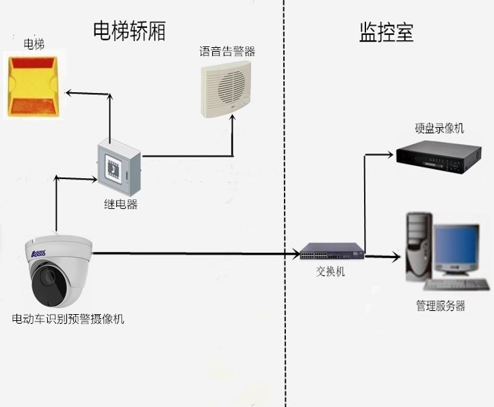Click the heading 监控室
point(386,33)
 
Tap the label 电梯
point(34,44)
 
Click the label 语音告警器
point(227,51)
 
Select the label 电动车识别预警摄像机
point(68,319)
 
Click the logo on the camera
point(35,253)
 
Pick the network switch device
point(332,254)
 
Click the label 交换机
point(330,272)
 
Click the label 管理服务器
point(440,306)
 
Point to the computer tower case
point(417,246)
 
